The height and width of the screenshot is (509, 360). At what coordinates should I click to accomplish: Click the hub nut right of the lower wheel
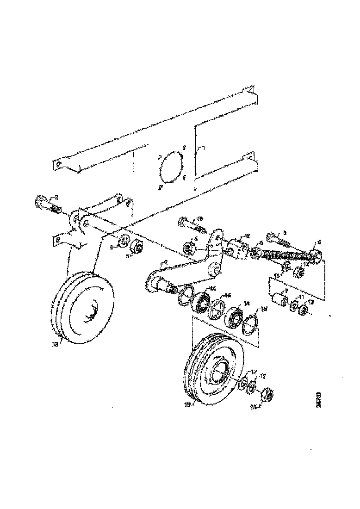click(x=267, y=395)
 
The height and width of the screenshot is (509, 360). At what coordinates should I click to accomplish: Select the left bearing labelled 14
click(x=201, y=302)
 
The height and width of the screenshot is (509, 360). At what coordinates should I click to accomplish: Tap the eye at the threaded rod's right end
click(x=317, y=254)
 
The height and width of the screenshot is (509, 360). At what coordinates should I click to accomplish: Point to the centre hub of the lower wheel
click(x=220, y=372)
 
